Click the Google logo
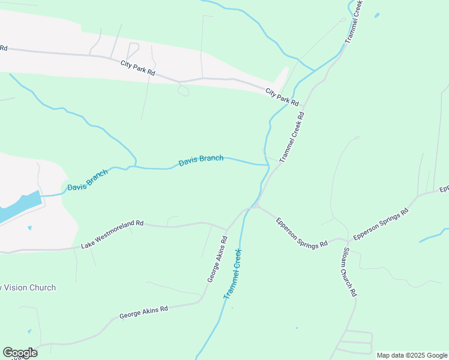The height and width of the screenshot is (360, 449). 20,353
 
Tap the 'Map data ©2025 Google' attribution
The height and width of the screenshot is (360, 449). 411,355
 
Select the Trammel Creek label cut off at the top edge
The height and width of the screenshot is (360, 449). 355,21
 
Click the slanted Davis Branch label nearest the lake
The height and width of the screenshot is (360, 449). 88,179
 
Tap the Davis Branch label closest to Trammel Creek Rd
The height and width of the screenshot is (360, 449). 201,161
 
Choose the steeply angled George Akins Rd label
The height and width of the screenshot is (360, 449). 217,259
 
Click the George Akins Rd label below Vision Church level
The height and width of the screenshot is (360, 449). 143,311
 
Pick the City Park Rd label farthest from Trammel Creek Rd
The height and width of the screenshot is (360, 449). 137,67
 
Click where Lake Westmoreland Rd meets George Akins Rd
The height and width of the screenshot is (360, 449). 226,229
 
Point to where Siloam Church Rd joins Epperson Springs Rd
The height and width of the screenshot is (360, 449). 346,239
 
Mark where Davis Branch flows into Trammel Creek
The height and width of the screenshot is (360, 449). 267,164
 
